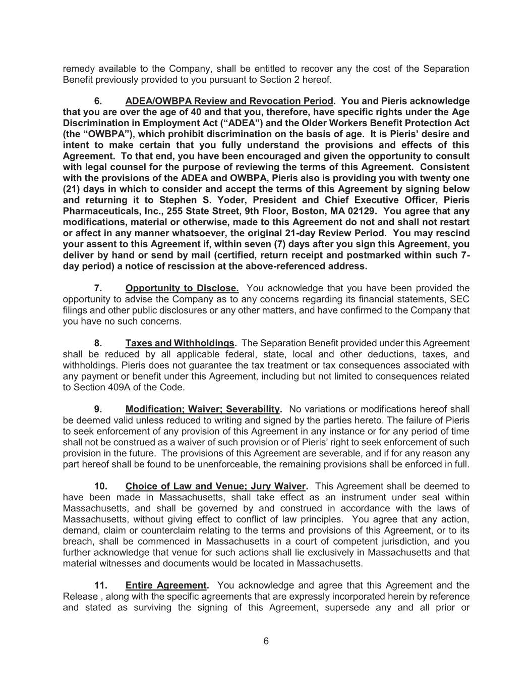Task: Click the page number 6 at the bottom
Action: (266, 642)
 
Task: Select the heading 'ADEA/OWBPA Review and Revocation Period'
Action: (229, 101)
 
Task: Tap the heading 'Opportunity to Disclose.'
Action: (182, 288)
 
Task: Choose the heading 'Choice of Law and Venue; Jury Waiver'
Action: (215, 486)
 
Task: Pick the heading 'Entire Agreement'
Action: (166, 585)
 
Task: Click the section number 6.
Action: (98, 101)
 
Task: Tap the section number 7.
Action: (98, 288)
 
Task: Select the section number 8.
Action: (98, 343)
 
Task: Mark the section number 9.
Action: (98, 409)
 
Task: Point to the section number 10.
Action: (101, 486)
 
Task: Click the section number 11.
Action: (101, 585)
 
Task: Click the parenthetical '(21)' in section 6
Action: (72, 189)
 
